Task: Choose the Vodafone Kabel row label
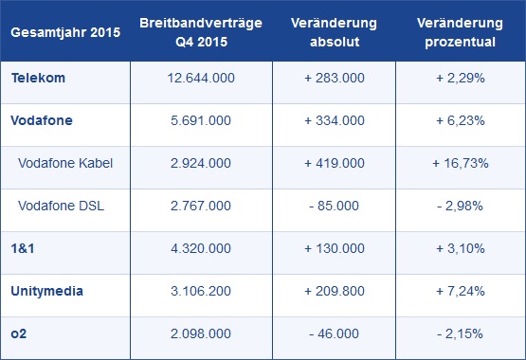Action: pyautogui.click(x=65, y=164)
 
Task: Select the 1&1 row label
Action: pyautogui.click(x=23, y=249)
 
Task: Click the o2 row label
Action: pyautogui.click(x=18, y=334)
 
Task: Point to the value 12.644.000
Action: pyautogui.click(x=194, y=79)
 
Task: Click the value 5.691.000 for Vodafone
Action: pyautogui.click(x=194, y=121)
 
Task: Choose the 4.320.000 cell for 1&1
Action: pyautogui.click(x=194, y=249)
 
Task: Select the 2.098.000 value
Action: pyautogui.click(x=194, y=334)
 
